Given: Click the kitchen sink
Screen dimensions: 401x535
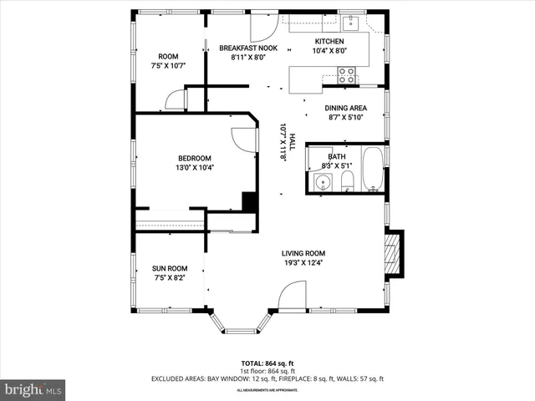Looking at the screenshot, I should [x=352, y=22].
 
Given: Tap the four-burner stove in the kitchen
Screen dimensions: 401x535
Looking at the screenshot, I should [x=348, y=78].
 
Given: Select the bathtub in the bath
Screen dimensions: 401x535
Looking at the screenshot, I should [x=373, y=170].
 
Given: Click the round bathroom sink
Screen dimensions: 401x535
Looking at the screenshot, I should [x=322, y=182].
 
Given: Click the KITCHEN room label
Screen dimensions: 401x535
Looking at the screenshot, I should [x=329, y=42].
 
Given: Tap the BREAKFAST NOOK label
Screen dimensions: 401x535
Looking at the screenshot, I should [x=248, y=48].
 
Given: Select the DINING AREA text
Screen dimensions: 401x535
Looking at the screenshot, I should [x=346, y=108].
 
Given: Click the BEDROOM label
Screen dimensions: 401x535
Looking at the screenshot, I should [x=194, y=158].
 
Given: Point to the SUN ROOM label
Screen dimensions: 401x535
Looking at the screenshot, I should [x=168, y=268].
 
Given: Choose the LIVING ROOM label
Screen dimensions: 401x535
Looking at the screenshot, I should [x=303, y=253].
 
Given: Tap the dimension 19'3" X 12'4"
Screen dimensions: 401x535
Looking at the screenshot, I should [x=303, y=263].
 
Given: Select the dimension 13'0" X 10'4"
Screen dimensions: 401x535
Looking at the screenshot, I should [x=194, y=168].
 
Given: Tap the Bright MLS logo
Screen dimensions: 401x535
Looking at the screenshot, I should [x=33, y=389].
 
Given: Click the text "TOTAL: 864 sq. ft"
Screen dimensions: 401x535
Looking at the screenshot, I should [x=267, y=363].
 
